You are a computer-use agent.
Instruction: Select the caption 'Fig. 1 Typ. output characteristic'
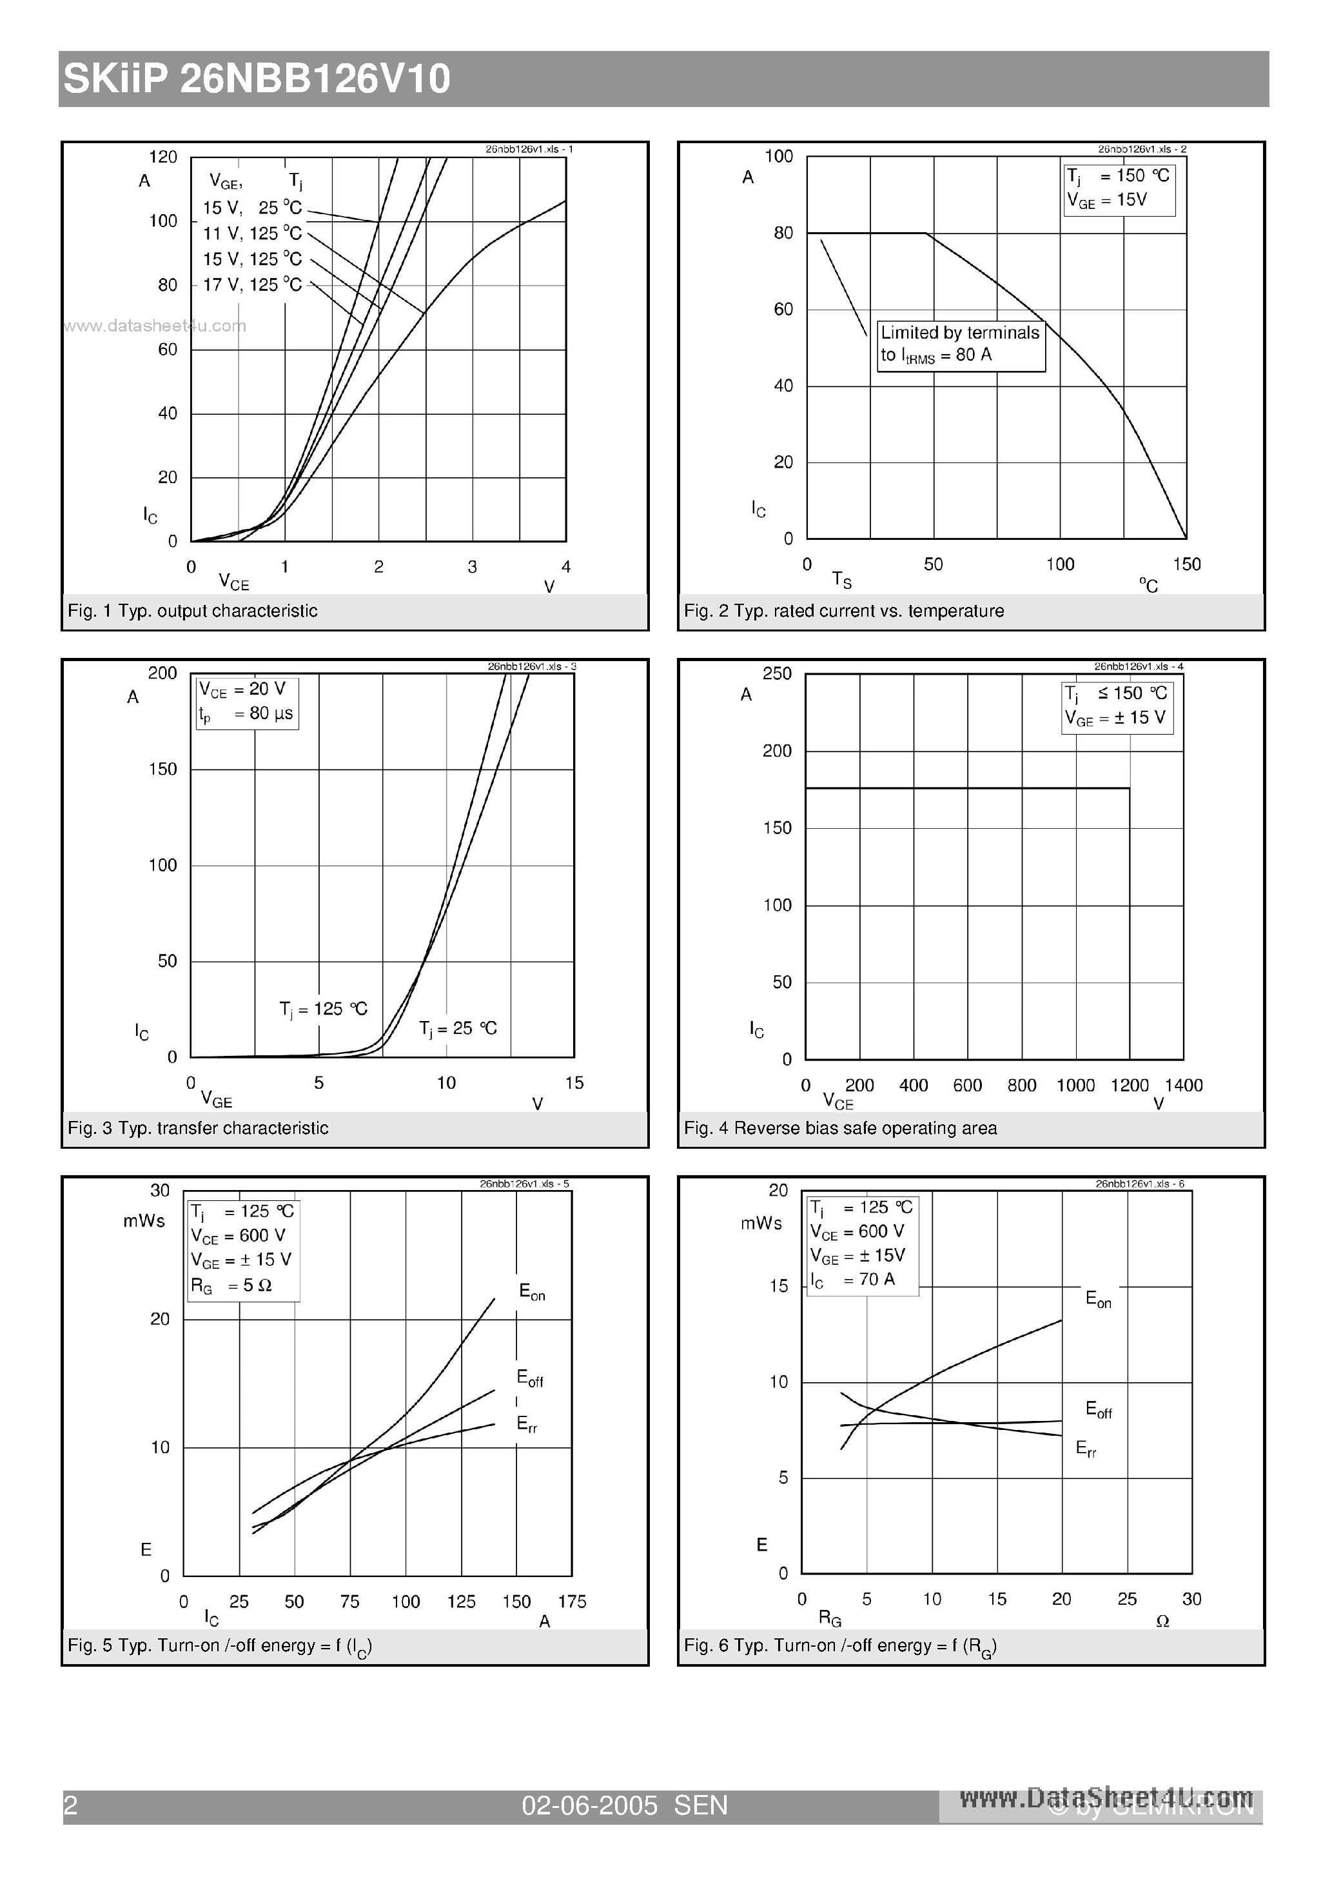click(192, 610)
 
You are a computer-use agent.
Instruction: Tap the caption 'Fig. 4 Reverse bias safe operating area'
click(840, 1128)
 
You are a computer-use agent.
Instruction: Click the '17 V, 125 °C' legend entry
click(252, 284)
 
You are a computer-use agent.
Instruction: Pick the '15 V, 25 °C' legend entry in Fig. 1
click(252, 208)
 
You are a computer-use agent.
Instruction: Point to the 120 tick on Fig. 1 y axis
click(162, 157)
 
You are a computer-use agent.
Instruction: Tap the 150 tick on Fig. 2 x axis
click(1186, 564)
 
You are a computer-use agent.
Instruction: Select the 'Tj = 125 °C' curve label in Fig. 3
click(323, 1009)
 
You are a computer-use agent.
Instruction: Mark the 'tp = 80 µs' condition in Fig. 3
click(246, 714)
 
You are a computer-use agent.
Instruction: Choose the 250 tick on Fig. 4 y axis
click(777, 673)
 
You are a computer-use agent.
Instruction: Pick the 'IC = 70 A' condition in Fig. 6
click(852, 1280)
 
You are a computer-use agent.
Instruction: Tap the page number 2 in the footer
click(71, 1805)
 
